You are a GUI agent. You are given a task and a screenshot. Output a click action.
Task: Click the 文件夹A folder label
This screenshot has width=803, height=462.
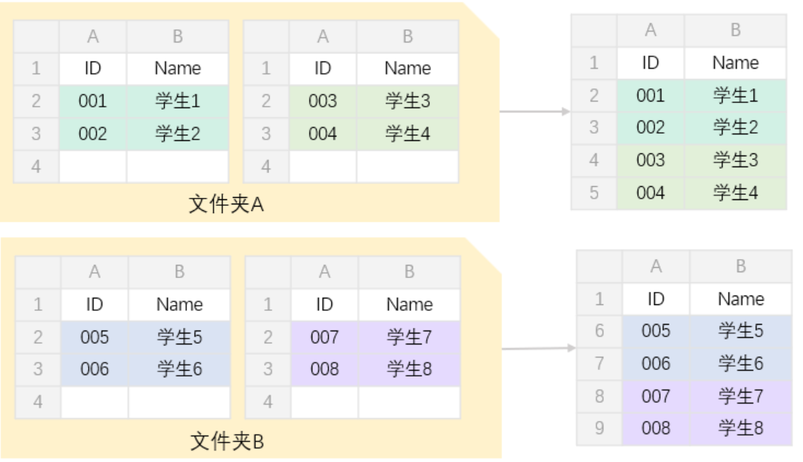pos(226,204)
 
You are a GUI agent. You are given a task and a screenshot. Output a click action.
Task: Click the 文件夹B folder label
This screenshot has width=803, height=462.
pos(227,441)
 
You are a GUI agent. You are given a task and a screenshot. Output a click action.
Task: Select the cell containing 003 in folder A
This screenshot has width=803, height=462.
pos(322,101)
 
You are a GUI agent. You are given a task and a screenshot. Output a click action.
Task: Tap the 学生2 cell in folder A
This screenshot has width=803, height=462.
pos(178,134)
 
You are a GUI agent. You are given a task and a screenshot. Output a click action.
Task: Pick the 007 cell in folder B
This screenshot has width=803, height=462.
pos(324,337)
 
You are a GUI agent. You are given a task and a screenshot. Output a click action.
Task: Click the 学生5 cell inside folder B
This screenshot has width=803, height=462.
pos(179,337)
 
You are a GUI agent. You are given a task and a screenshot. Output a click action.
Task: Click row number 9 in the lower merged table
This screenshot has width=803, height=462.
pos(599,428)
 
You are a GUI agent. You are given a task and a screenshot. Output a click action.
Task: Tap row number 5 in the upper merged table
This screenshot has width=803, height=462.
pos(594,193)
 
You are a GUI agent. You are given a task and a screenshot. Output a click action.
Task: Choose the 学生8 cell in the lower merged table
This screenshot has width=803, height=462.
pos(740,428)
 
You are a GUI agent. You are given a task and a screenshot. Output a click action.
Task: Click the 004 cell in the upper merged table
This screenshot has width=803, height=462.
pos(650,193)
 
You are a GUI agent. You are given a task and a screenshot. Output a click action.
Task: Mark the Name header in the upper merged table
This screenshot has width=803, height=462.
pos(735,63)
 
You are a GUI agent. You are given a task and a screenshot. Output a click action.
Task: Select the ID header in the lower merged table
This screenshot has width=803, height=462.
pos(656,299)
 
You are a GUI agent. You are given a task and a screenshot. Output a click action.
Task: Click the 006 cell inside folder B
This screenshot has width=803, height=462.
pos(94,369)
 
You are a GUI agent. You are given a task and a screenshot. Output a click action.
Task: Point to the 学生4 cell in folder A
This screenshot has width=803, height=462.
pos(408,134)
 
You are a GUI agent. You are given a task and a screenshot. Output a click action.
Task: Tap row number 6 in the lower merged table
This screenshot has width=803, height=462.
pos(599,331)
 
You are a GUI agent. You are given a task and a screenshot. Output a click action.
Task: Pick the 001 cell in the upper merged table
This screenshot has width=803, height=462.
pos(650,96)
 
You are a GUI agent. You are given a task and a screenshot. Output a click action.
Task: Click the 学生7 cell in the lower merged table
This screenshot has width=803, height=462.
pos(740,396)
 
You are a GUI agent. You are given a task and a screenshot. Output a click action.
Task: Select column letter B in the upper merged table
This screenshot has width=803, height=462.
pos(735,30)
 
